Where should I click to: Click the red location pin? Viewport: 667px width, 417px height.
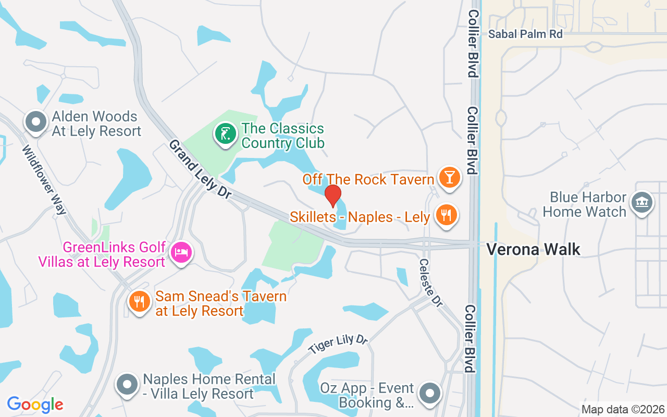(x=332, y=196)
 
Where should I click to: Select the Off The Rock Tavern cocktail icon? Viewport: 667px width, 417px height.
(x=449, y=177)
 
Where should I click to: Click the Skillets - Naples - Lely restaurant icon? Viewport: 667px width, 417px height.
(x=446, y=214)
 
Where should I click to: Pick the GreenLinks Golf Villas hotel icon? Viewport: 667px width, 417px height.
(x=181, y=253)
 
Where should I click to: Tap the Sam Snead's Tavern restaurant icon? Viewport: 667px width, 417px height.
(x=139, y=302)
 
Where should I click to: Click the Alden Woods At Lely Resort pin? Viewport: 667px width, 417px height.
(x=36, y=121)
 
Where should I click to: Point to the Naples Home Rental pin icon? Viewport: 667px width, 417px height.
(x=127, y=385)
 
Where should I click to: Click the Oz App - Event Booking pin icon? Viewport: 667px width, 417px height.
(x=430, y=394)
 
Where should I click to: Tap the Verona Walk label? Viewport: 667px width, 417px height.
(x=533, y=249)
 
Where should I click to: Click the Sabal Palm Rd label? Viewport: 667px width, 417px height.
(x=526, y=34)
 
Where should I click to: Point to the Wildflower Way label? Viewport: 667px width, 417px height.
(x=44, y=179)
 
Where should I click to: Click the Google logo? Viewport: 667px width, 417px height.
(x=35, y=404)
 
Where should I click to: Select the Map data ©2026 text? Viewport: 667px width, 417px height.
(x=623, y=409)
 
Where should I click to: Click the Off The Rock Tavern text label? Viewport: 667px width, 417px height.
(x=368, y=179)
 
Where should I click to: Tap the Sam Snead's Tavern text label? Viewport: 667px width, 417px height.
(x=221, y=303)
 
